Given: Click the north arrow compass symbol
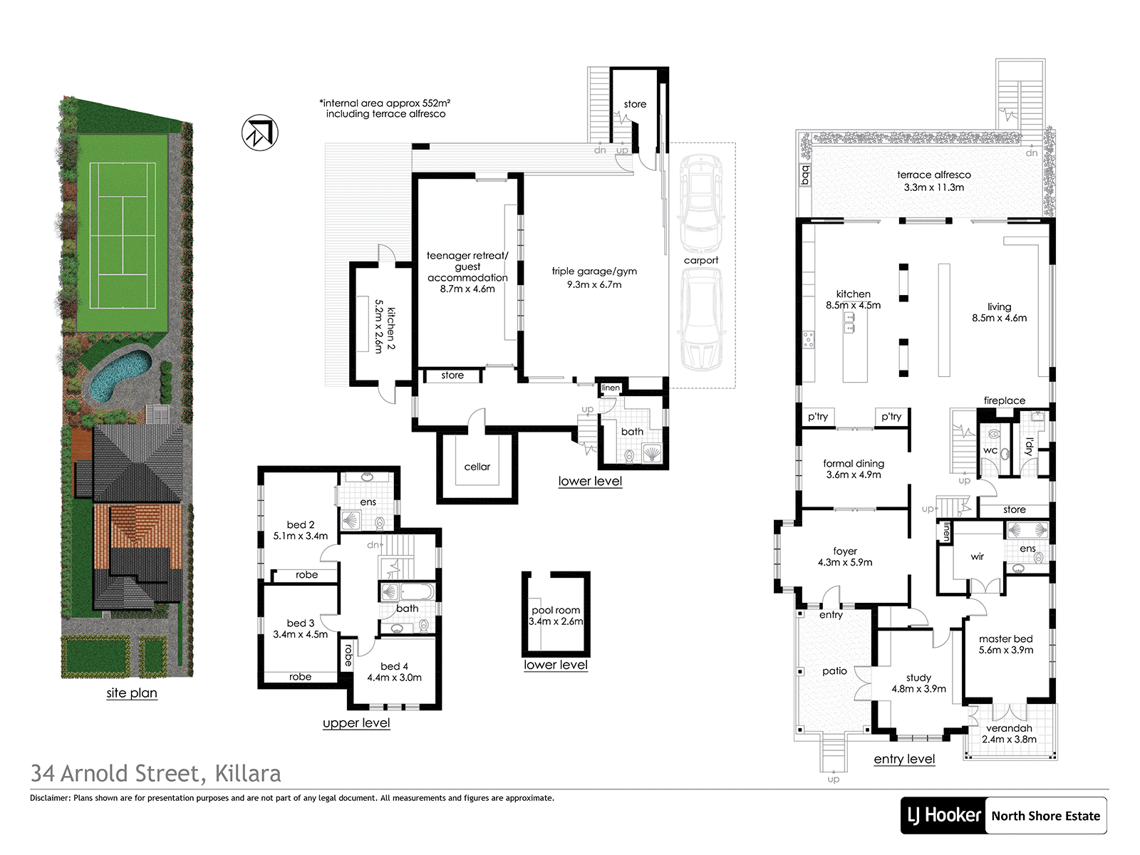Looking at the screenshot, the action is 259,133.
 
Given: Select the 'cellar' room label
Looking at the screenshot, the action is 477,467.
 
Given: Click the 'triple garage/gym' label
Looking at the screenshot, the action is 594,271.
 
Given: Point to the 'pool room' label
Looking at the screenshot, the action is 556,611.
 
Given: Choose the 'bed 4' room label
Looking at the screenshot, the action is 394,666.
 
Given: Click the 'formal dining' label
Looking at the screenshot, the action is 854,464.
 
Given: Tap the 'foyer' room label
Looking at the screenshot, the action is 845,551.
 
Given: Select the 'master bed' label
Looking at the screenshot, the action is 1006,639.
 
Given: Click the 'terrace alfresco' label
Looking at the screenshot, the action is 934,175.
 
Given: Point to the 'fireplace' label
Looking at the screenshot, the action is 1005,400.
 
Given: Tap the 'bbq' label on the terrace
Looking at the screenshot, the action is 806,175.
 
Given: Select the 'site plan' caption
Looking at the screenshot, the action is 132,693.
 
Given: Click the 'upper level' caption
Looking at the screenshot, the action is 356,723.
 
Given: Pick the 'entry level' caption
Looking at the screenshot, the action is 904,759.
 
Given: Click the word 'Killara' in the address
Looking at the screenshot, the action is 248,774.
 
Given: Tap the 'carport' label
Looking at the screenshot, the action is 701,261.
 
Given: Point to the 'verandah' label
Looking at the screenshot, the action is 1009,728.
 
